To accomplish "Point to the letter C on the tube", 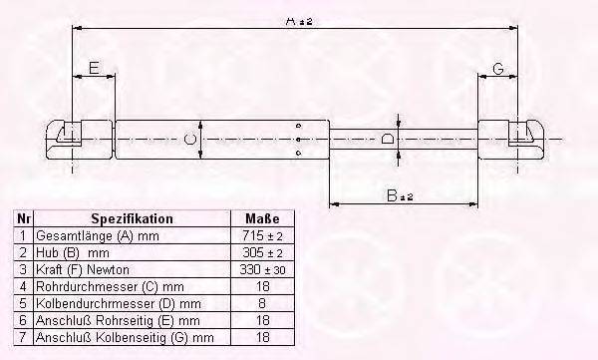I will point(188,139).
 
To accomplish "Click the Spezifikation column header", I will point(132,218).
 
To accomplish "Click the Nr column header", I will point(23,218).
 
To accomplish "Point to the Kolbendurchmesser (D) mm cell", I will point(104,303).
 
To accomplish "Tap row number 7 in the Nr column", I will point(23,337).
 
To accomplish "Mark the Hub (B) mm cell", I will point(70,252).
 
